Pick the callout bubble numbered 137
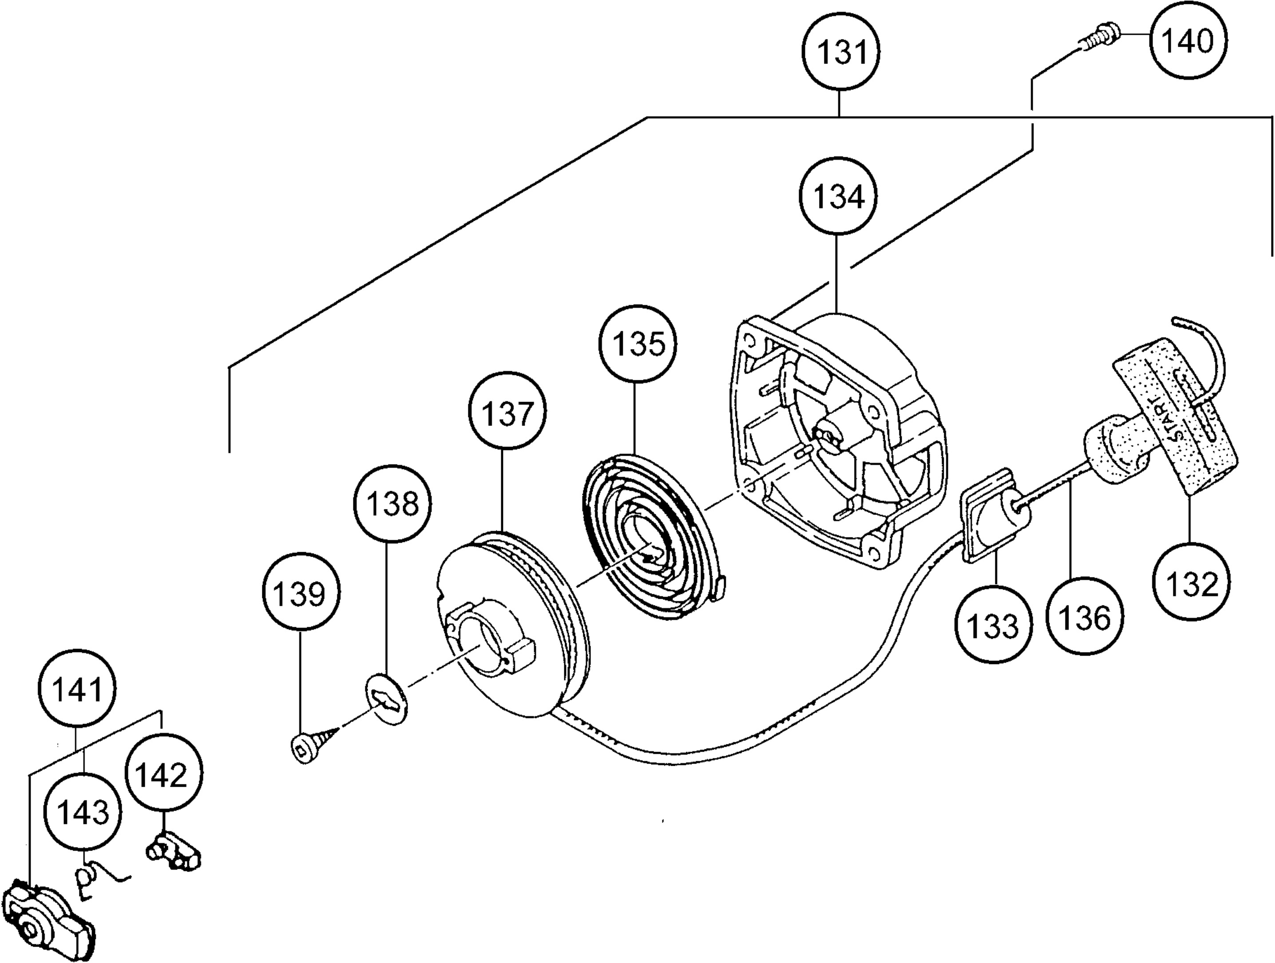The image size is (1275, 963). point(508,413)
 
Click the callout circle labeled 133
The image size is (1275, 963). point(994,625)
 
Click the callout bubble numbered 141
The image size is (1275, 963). point(77,688)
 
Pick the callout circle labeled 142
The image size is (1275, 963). point(164,774)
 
